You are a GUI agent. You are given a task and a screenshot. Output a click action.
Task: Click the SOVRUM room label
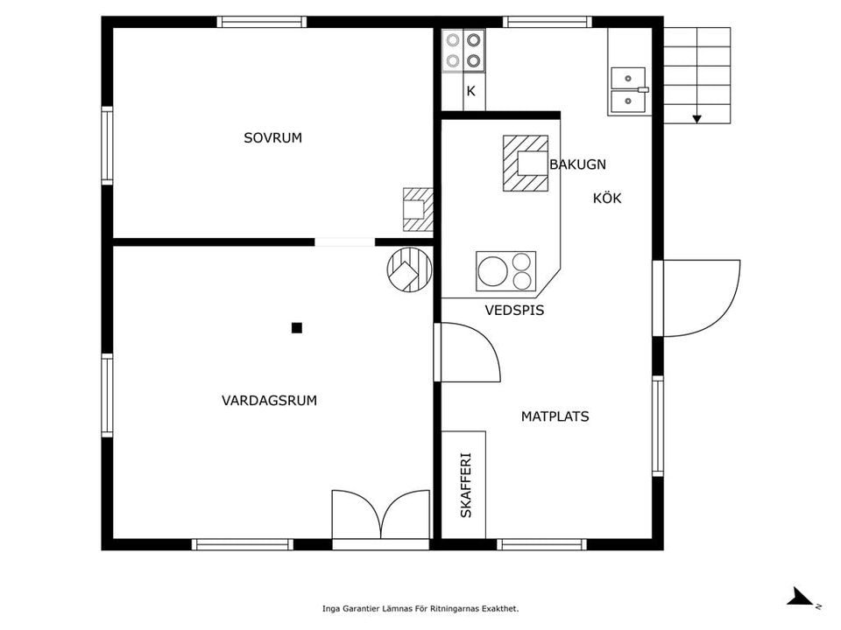tap(273, 137)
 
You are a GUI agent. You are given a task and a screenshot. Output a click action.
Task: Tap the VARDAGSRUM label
tap(269, 400)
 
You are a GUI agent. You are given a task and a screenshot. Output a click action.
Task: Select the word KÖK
tap(607, 198)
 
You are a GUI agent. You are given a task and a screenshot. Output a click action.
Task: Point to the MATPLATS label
tap(555, 416)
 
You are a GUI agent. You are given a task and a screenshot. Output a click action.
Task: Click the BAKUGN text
tap(577, 164)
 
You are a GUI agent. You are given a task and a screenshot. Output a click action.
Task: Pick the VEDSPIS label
tap(514, 310)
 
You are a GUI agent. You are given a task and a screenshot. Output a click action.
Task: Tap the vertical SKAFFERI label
tap(466, 486)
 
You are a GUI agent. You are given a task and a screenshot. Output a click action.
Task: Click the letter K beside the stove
tap(471, 91)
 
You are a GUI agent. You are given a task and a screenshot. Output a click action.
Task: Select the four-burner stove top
tap(463, 51)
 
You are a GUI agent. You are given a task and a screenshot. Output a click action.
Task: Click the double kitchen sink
tap(628, 89)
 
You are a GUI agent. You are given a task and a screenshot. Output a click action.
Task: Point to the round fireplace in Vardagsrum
tap(409, 269)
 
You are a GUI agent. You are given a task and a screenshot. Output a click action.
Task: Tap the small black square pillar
tap(297, 328)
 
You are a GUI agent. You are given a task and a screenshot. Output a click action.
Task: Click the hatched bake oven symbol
tap(526, 164)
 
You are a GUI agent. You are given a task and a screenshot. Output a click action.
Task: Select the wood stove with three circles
tap(505, 271)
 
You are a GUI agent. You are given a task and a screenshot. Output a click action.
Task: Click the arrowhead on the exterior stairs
tap(696, 119)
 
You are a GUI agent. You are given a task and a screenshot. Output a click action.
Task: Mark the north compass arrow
tap(800, 597)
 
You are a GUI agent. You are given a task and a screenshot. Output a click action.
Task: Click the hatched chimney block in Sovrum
tap(418, 209)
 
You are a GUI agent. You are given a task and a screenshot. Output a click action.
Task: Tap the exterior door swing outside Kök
tap(702, 298)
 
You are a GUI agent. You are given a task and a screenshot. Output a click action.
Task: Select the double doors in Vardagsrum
tap(381, 514)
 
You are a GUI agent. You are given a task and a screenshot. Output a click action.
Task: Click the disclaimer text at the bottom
tap(420, 609)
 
